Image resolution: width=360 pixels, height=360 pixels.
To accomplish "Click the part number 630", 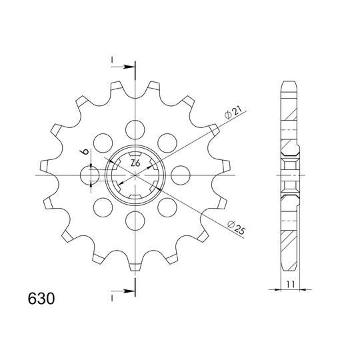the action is [41, 299].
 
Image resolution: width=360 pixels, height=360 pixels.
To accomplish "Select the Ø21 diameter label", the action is [233, 113].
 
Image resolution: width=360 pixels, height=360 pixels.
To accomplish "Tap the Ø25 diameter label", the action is [236, 228].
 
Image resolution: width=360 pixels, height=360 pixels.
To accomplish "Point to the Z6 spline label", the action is [135, 163].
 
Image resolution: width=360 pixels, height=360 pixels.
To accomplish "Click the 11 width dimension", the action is [290, 284].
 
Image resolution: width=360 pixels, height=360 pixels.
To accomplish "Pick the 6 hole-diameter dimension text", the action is [85, 151].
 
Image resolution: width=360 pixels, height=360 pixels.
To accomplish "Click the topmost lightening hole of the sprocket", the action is [135, 130].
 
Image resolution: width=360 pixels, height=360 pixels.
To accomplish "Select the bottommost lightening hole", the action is [135, 221].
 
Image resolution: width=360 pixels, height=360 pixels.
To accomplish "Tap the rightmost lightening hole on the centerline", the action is [181, 175].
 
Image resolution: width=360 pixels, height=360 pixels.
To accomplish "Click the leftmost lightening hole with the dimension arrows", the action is [90, 175].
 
